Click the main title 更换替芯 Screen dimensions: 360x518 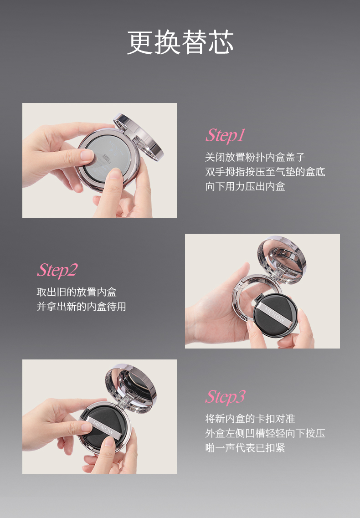pos(180,42)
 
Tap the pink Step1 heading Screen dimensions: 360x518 pos(225,135)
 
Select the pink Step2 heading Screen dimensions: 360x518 pos(57,270)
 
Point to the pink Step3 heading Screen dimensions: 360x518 pos(225,397)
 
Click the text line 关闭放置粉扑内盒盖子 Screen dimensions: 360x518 pos(255,157)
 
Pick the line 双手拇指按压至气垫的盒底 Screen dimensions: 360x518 pos(265,172)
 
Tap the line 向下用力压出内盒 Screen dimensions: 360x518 pos(245,186)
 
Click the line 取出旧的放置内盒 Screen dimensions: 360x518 pos(77,292)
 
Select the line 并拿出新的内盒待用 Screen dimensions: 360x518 pos(81,307)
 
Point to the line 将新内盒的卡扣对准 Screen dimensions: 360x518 pos(250,419)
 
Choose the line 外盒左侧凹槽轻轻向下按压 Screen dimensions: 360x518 pos(265,433)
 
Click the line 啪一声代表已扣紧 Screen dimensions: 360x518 pos(245,448)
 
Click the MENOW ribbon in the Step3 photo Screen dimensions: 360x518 pos(103,427)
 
